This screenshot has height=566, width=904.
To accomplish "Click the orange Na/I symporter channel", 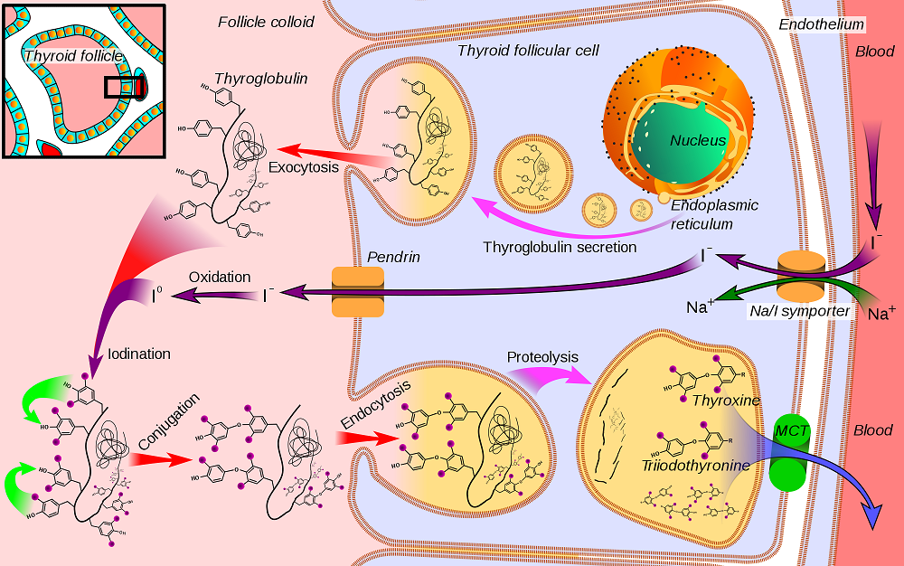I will (801, 276).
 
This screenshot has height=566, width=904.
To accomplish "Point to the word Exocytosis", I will (304, 167).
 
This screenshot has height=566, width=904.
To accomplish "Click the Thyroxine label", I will (724, 400).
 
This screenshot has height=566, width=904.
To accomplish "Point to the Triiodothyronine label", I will (696, 466).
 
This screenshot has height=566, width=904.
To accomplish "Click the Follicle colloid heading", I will (266, 21).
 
